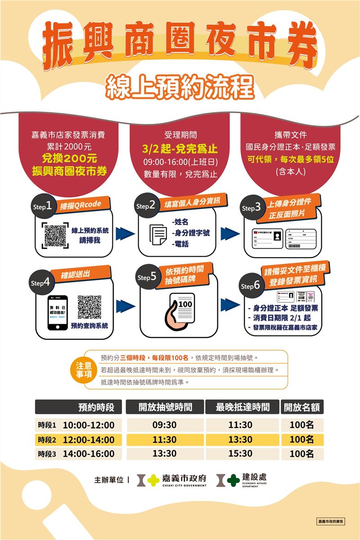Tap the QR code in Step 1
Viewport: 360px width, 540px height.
click(55, 235)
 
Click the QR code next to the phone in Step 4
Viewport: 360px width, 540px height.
click(89, 307)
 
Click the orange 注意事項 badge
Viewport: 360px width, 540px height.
click(83, 370)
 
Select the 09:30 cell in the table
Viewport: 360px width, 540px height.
click(164, 425)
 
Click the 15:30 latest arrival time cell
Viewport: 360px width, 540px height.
click(240, 454)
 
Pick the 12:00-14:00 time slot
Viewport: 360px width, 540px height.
click(89, 440)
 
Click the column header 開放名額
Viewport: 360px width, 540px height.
click(302, 407)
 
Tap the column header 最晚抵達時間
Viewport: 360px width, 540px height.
click(243, 407)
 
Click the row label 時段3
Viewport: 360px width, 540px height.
click(47, 454)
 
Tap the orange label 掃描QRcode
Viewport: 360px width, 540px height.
click(81, 204)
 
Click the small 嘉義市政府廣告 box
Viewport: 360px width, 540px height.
click(331, 521)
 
